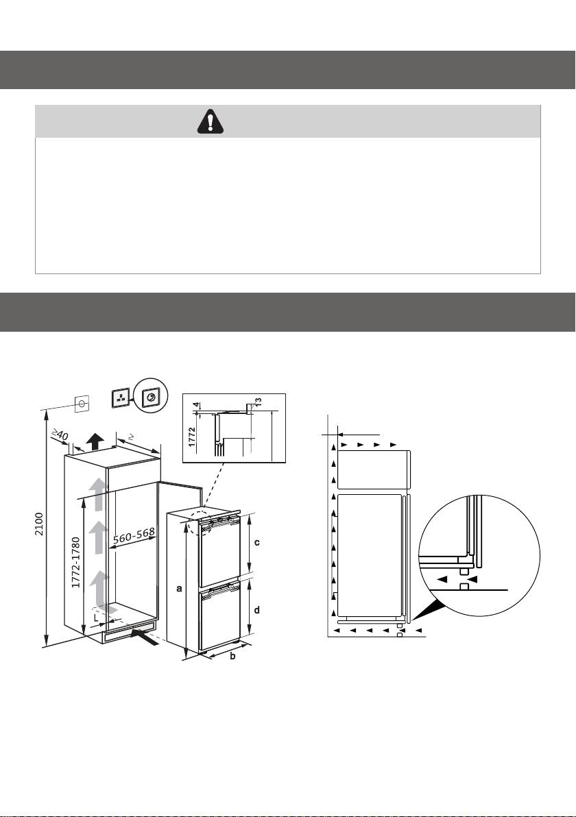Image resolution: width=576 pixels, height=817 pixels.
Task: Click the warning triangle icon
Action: click(x=210, y=121)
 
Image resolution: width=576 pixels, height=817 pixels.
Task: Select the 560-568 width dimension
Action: click(x=134, y=535)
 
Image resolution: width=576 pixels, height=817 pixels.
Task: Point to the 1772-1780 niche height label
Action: click(x=76, y=563)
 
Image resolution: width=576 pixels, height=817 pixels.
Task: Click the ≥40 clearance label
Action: click(x=60, y=433)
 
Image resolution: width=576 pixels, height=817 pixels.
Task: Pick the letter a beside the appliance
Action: click(x=180, y=589)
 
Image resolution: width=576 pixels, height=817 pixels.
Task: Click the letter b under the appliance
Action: click(x=232, y=656)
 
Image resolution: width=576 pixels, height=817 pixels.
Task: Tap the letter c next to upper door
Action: click(x=257, y=542)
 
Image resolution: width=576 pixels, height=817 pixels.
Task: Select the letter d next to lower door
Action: click(x=257, y=609)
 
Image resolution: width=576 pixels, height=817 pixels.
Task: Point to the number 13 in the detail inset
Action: click(x=258, y=403)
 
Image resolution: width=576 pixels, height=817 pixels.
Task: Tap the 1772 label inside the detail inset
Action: click(x=192, y=437)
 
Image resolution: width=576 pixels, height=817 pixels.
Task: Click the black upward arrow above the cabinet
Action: click(x=95, y=441)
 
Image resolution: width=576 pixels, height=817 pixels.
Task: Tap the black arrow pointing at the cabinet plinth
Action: click(x=145, y=637)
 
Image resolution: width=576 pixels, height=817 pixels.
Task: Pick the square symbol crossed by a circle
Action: click(x=82, y=404)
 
